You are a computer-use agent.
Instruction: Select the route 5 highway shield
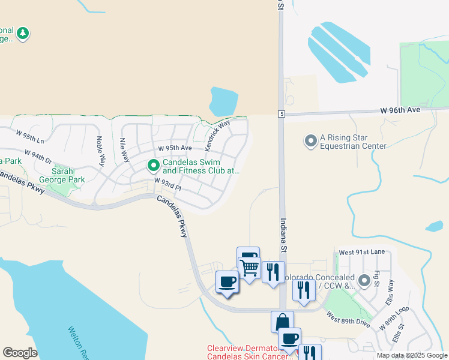coord(281,114)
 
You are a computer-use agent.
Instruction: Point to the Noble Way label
coord(101,152)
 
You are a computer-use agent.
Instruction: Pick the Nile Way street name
coord(124,150)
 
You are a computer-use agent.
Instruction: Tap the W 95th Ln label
coord(30,137)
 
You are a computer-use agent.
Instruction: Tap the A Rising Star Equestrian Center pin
coord(310,141)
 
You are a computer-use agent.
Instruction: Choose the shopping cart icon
coord(249,267)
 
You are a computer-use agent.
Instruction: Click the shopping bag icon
coord(282,322)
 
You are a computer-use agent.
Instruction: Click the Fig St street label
coord(376,278)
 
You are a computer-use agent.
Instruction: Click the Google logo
coord(20,353)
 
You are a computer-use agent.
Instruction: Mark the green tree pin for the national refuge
coord(23,33)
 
